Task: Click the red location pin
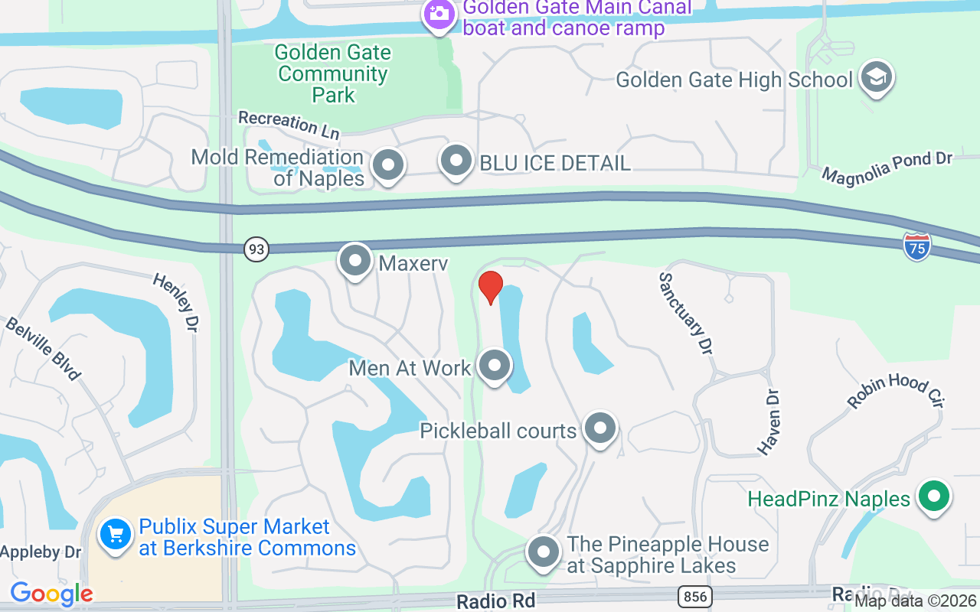490,287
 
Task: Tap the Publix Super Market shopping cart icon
116,533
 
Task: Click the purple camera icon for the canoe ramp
439,14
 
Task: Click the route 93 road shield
256,249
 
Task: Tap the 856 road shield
694,596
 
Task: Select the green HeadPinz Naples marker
933,496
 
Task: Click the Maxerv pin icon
354,261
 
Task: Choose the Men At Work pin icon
495,366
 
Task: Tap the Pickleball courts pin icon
599,428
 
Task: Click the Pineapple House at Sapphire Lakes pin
544,552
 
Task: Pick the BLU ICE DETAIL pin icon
456,161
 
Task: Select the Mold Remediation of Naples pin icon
387,165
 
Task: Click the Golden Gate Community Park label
333,73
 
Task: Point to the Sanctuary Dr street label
686,314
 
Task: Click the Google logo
51,594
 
